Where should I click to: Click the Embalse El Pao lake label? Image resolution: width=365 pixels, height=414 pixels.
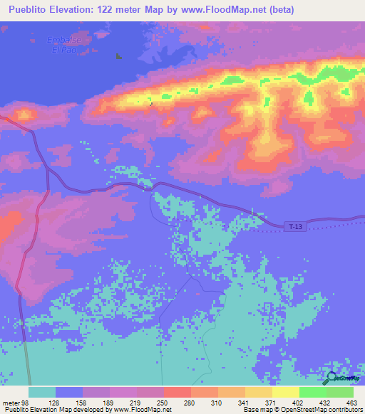coord(61,43)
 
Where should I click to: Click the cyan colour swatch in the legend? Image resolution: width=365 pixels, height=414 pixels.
coord(42,392)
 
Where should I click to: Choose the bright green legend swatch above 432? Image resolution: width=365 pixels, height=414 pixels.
coord(312,392)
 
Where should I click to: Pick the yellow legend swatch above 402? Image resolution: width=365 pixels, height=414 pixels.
coord(285,392)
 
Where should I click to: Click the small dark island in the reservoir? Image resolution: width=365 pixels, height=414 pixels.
coord(119,58)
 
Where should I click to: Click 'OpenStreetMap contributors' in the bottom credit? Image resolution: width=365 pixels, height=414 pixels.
coord(322,410)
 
